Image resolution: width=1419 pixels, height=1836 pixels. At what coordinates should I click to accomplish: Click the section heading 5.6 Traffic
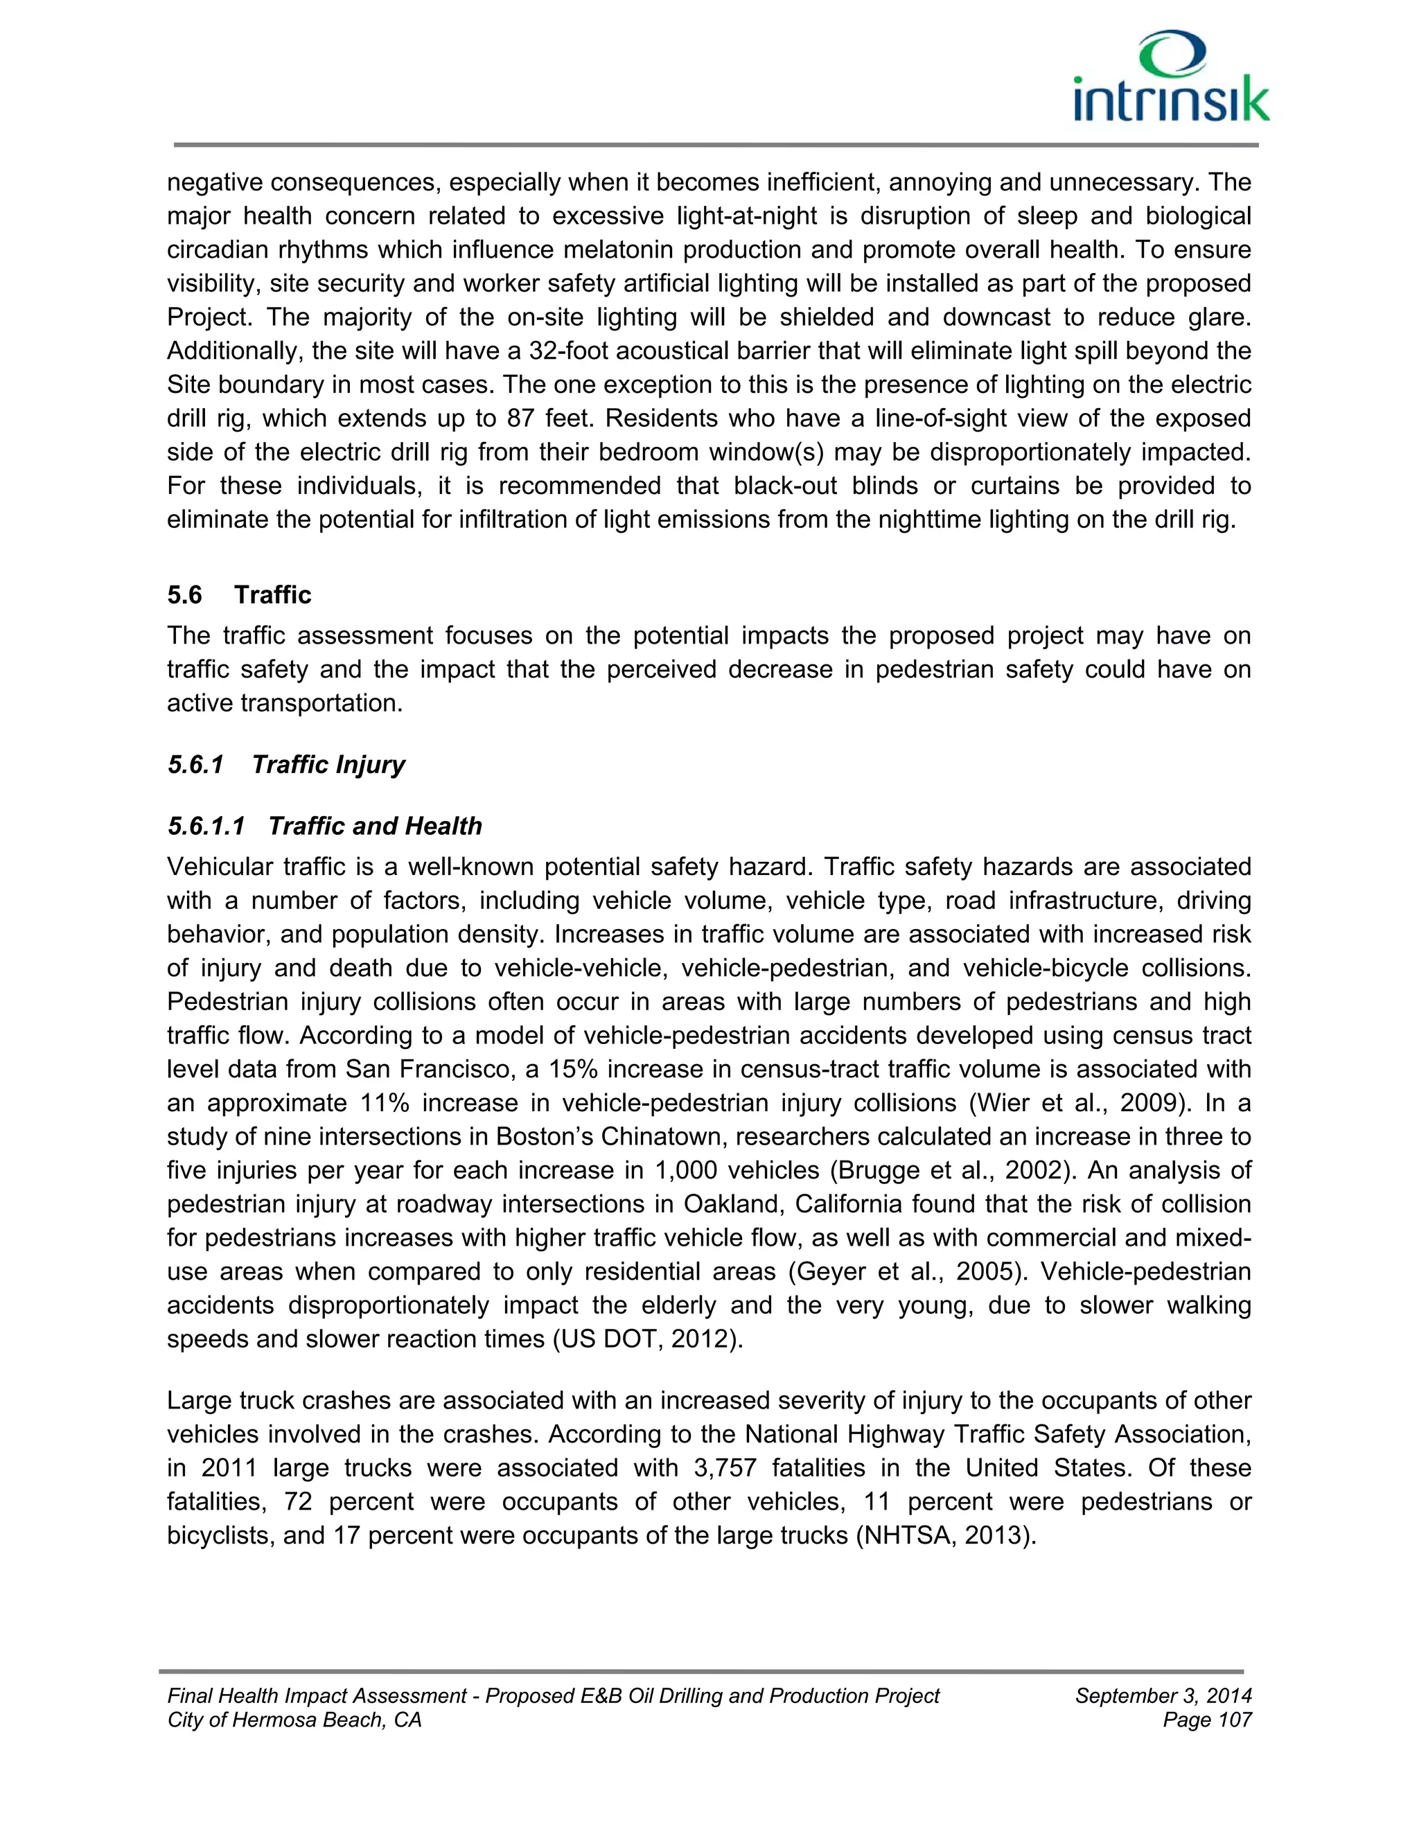(x=239, y=594)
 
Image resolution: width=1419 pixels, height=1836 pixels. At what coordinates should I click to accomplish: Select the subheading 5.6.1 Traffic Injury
(x=286, y=764)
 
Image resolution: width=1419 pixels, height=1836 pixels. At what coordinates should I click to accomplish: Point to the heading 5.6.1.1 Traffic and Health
(x=324, y=826)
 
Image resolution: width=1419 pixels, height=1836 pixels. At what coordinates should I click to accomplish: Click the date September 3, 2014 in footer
(x=1163, y=1695)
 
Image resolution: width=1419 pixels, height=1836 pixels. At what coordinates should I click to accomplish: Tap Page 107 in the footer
(x=1207, y=1720)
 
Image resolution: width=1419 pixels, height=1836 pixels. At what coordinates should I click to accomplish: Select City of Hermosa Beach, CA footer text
(x=294, y=1720)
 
